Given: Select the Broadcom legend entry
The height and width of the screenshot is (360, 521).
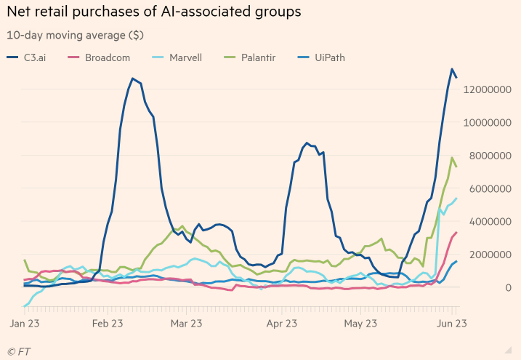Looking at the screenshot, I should pos(101,57).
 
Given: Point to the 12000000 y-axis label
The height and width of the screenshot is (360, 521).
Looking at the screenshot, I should pos(488,89).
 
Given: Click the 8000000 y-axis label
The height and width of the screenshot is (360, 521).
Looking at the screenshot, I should pos(490,156).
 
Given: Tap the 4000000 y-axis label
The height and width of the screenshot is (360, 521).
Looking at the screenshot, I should pos(490,222).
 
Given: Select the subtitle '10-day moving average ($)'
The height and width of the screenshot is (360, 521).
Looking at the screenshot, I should pos(74,34).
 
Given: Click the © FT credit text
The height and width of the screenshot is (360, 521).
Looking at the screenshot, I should pos(20,351).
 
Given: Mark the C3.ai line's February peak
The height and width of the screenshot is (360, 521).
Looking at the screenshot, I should pos(132,78).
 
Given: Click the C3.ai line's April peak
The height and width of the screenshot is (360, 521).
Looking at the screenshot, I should pos(307,143).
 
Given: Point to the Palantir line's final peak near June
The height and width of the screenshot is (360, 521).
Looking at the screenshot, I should pos(452,157).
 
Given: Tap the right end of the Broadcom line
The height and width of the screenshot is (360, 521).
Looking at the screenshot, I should pos(456,233).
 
